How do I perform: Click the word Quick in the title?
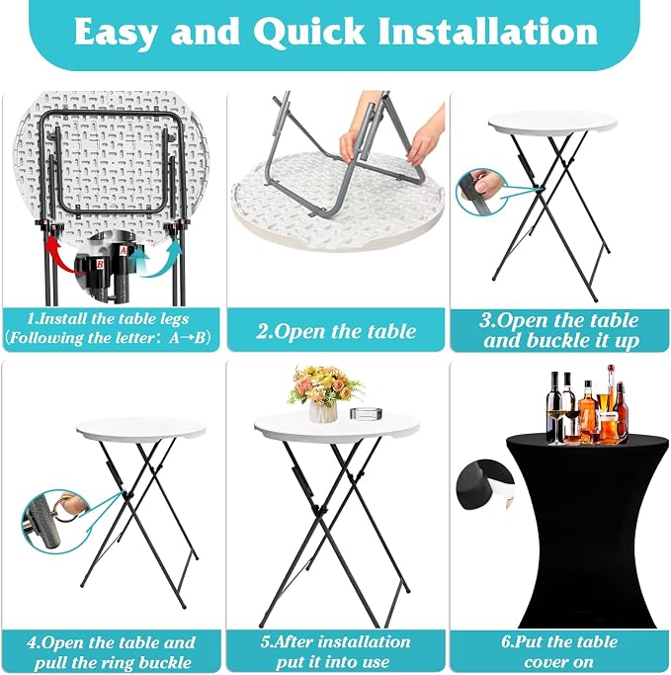tap(309, 32)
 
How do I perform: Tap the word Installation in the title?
tap(488, 32)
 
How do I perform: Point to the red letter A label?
tap(124, 250)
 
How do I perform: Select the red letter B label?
tap(100, 264)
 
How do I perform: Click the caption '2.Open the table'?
tap(336, 331)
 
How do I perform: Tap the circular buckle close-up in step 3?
tap(481, 191)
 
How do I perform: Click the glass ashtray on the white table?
tap(366, 414)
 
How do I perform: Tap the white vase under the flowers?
tap(323, 411)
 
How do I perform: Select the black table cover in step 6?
tap(588, 531)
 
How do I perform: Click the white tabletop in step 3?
tap(552, 123)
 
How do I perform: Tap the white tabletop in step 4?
tap(141, 429)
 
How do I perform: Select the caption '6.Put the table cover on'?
tap(559, 651)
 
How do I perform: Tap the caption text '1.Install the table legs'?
tap(108, 319)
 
